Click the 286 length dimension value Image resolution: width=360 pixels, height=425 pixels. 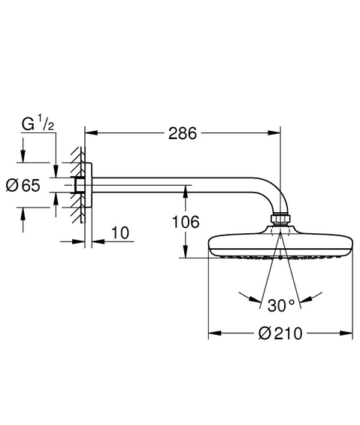click(183, 134)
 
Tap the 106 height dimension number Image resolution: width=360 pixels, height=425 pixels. click(186, 222)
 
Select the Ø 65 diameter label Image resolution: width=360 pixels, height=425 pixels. click(23, 185)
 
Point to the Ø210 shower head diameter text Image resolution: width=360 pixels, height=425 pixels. click(280, 333)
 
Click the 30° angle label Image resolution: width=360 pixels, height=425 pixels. click(281, 305)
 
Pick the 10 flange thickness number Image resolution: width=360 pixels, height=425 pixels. click(120, 233)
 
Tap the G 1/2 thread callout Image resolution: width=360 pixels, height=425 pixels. click(38, 123)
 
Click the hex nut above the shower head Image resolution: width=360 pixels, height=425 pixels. click(280, 218)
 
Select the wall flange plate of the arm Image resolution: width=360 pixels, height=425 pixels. click(88, 185)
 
